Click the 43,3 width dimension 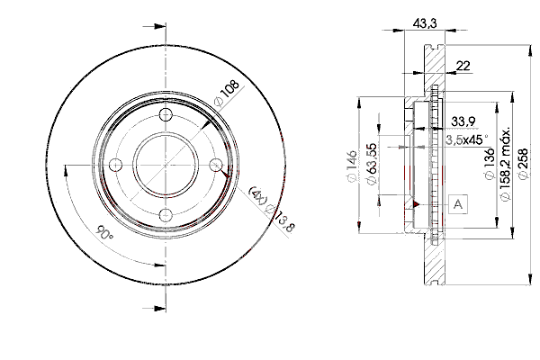(425, 23)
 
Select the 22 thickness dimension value (463, 66)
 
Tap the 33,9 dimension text (463, 121)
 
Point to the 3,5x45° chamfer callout (467, 139)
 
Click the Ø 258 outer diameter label (523, 164)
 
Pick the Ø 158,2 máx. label (505, 165)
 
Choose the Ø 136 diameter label (490, 164)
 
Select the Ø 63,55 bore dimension (372, 165)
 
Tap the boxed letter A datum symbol (458, 204)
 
